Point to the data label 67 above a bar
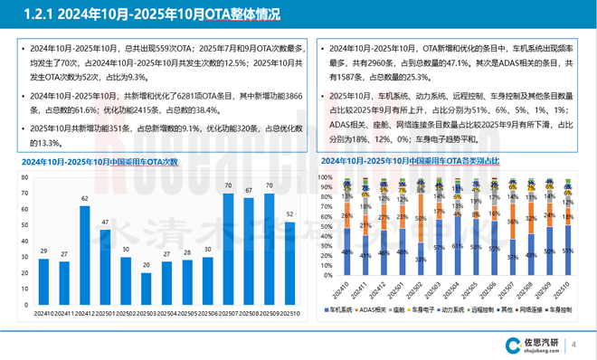point(248,191)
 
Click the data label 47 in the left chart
point(106,223)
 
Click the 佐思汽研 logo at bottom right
point(535,344)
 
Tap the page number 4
point(578,344)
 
